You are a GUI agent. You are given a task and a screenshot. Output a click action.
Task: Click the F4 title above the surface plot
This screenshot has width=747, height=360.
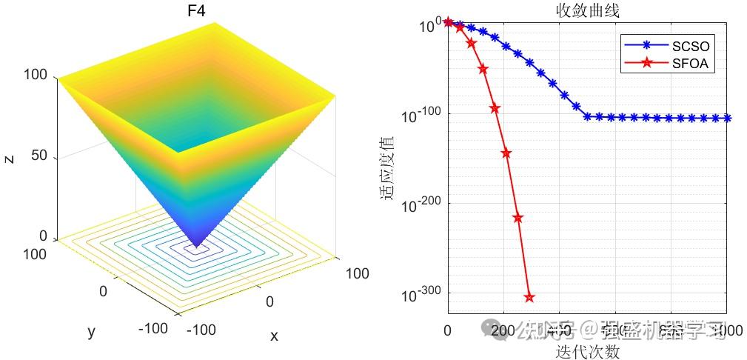click(x=196, y=11)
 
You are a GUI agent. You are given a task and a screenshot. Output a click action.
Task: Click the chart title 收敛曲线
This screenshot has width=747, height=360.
click(x=588, y=10)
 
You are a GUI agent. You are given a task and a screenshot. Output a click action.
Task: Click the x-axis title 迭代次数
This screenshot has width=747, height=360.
click(x=588, y=352)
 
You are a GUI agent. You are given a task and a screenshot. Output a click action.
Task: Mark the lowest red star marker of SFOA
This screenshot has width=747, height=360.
click(x=529, y=297)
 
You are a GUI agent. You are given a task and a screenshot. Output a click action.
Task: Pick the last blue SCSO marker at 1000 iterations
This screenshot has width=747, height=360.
click(x=726, y=118)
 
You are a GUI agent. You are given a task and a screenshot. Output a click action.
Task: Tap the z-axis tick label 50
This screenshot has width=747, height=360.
click(x=38, y=156)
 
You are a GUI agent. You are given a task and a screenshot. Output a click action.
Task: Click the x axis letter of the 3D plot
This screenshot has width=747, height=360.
click(x=274, y=336)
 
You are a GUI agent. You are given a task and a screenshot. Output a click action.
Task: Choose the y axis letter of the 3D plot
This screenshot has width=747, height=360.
click(x=91, y=331)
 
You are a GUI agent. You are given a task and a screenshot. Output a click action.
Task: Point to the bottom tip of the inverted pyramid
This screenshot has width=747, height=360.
click(x=196, y=246)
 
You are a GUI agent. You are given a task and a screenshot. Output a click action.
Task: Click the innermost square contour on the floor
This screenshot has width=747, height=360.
click(x=196, y=250)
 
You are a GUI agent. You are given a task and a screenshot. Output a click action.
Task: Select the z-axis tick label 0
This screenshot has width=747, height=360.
click(x=43, y=236)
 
